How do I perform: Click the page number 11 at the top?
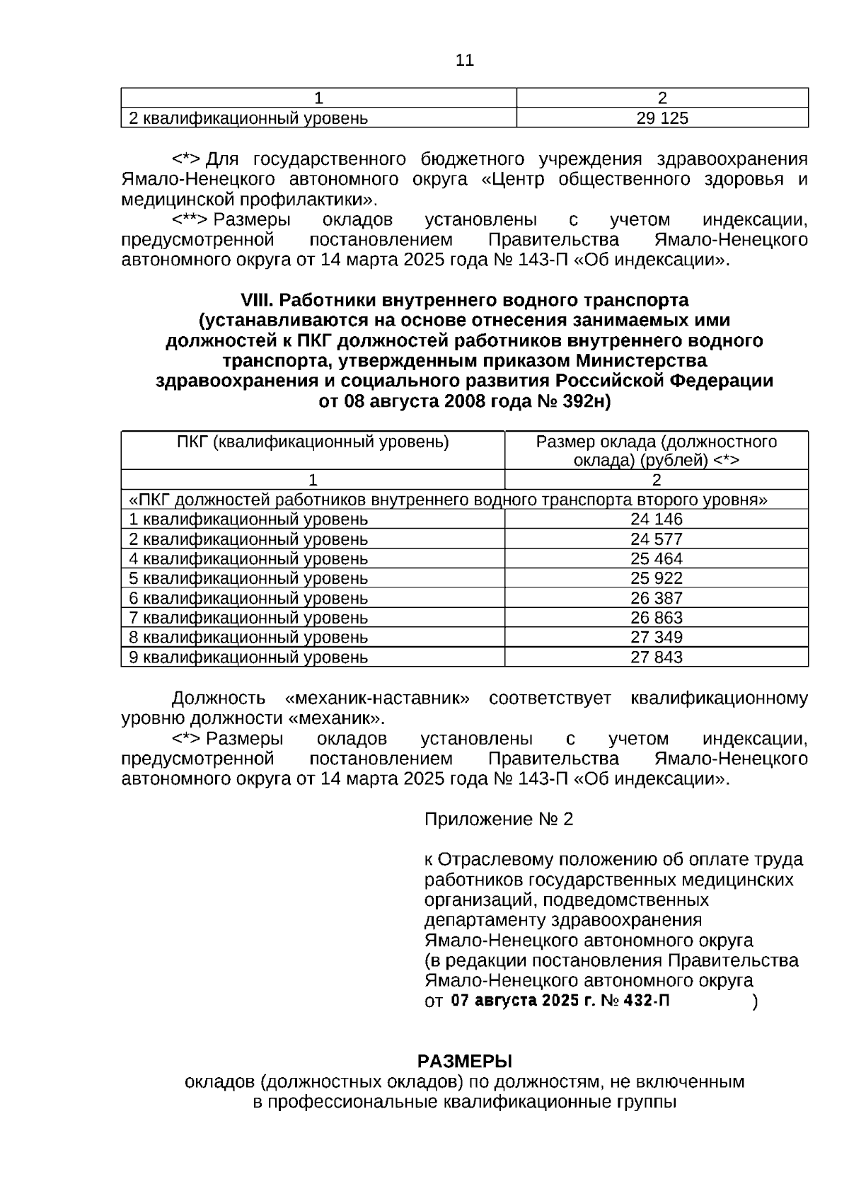464,61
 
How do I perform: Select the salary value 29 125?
662,118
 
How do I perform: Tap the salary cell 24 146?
656,519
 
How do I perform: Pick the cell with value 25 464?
656,558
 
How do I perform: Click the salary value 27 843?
656,657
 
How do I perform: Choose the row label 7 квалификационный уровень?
248,618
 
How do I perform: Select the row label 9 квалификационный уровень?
248,657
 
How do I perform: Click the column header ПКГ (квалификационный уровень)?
313,442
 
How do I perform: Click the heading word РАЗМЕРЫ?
464,1062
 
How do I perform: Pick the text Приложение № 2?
498,820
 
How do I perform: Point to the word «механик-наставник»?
376,699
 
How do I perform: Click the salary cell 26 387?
656,598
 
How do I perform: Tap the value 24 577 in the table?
656,539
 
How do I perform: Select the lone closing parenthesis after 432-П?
755,1001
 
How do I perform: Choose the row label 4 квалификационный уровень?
248,558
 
